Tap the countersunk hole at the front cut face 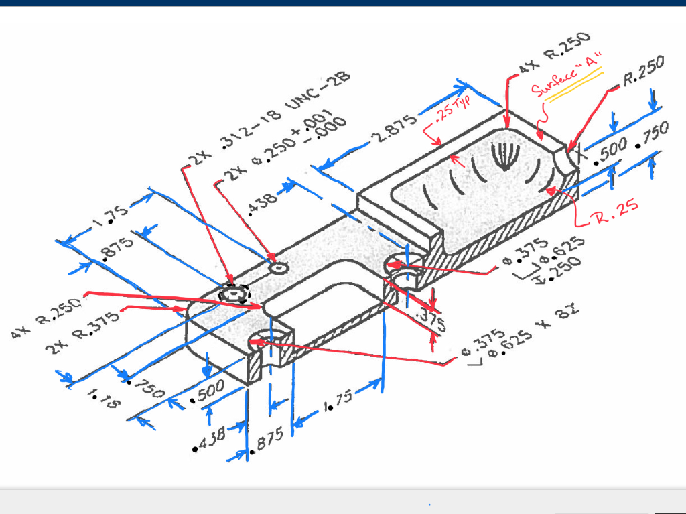(x=262, y=342)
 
